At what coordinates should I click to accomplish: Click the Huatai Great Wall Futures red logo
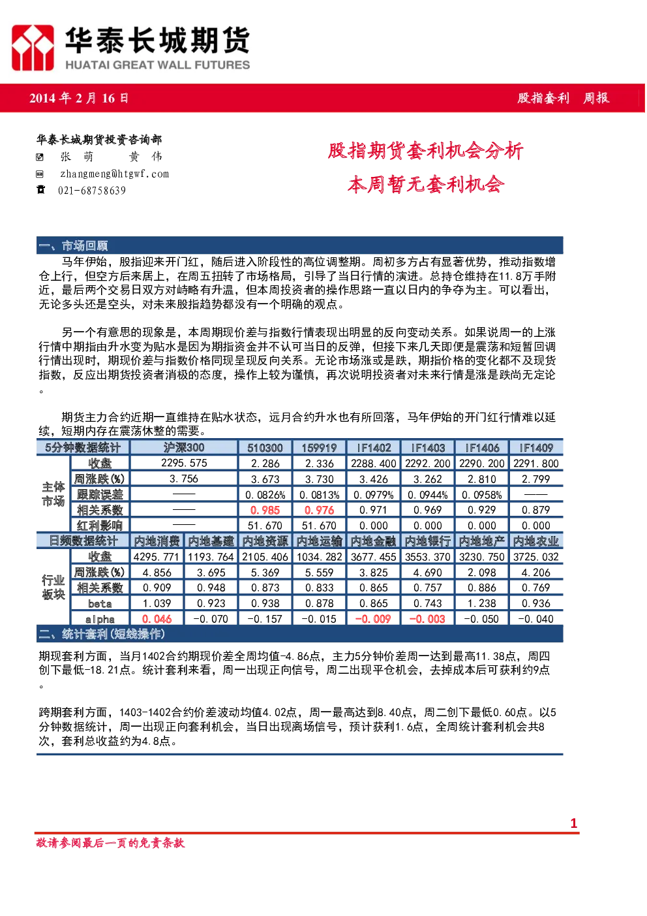pos(33,48)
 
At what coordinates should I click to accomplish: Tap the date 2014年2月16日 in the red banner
pos(79,98)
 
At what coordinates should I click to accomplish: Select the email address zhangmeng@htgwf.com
pos(114,174)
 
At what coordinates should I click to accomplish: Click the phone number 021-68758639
pos(92,191)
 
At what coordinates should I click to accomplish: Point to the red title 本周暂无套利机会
pos(426,184)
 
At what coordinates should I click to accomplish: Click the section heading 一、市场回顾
pos(73,245)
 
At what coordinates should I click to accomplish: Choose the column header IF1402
pos(374,448)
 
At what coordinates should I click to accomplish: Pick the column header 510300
pos(265,448)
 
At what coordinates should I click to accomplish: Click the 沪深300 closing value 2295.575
pos(184,463)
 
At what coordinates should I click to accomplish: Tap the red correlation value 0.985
pos(265,510)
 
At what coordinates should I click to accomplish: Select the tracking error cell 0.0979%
pos(373,495)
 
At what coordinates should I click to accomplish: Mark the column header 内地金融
pos(373,541)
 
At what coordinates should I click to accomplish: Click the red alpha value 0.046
pos(157,619)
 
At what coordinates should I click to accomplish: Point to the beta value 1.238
pos(481,603)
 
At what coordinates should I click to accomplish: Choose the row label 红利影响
pos(100,525)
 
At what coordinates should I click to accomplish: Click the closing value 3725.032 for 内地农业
pos(535,556)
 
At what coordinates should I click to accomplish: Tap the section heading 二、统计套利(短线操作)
pos(102,634)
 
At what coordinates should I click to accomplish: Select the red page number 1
pos(573,823)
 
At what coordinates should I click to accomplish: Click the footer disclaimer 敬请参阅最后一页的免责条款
pos(110,843)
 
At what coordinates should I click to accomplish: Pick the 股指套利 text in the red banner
pos(543,98)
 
